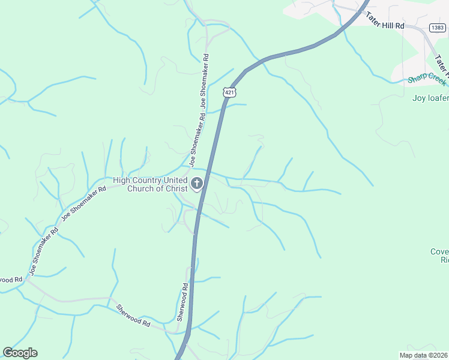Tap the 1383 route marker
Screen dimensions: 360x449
pos(437,27)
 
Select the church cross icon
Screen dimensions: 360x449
pos(197,184)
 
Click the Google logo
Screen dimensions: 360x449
pos(20,353)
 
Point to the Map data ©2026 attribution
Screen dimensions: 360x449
pos(423,355)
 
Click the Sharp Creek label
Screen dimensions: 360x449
pos(427,79)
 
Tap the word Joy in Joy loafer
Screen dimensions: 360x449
pos(419,97)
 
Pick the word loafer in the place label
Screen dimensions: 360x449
pos(438,97)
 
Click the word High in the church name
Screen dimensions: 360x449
pos(122,180)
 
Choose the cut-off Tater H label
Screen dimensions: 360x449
pos(441,65)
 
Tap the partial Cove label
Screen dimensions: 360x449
pos(440,251)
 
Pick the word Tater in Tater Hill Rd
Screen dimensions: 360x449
pos(375,26)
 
